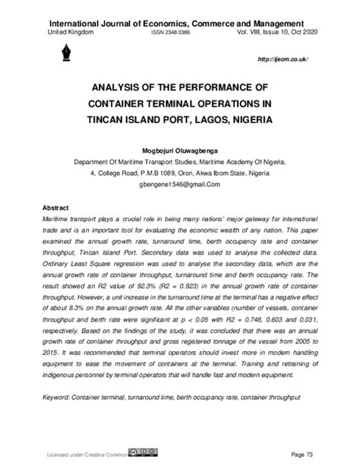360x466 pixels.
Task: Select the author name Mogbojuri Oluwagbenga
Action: click(x=179, y=151)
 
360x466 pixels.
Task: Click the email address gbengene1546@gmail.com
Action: click(x=179, y=185)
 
